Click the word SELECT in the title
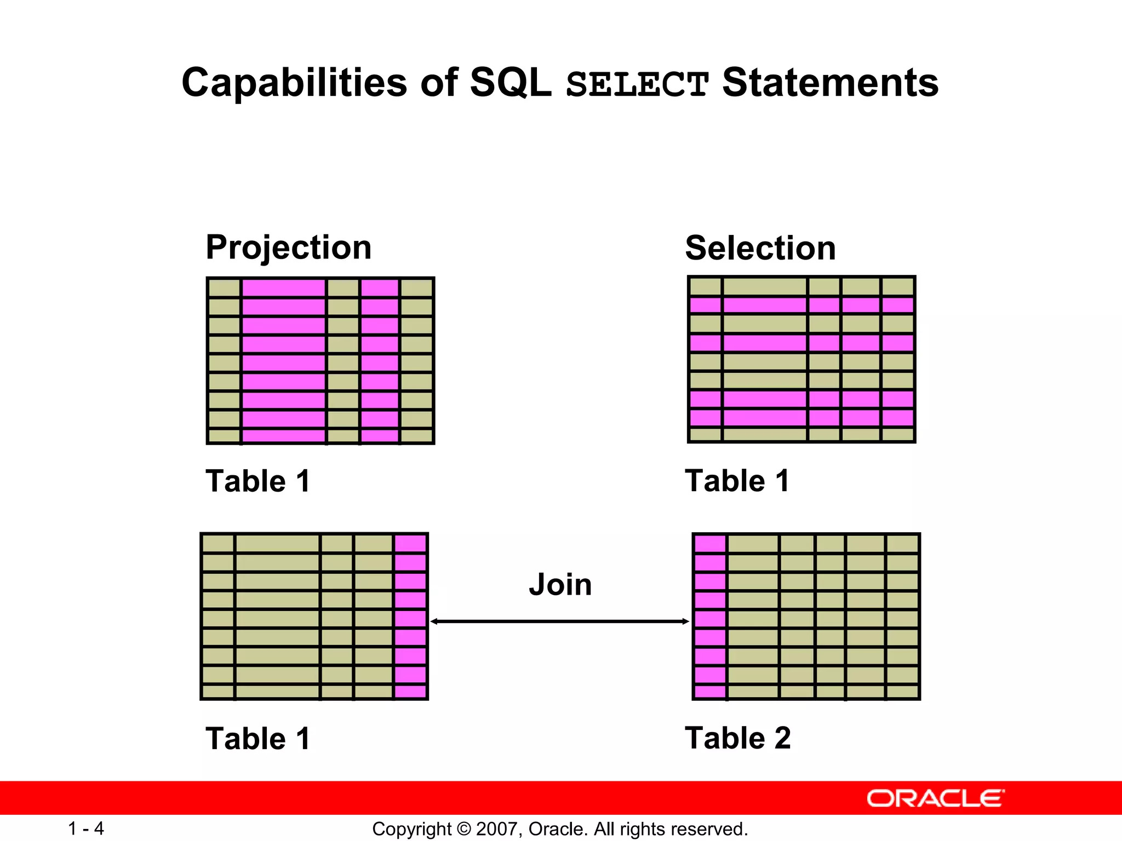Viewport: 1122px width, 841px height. click(637, 84)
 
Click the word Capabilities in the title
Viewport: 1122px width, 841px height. click(294, 83)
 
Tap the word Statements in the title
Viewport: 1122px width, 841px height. click(830, 83)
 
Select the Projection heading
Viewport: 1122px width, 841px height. click(288, 247)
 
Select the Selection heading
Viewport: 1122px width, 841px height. click(760, 248)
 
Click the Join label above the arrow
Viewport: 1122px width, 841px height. click(560, 584)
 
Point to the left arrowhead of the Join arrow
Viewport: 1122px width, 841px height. click(434, 621)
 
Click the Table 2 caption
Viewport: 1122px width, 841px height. click(737, 738)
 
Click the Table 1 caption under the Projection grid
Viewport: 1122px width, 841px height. click(257, 481)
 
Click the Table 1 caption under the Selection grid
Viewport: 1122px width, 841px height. click(737, 481)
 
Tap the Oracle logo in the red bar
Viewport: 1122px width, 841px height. click(935, 798)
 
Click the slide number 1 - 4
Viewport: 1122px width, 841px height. click(85, 828)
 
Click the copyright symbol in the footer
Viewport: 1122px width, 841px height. click(464, 829)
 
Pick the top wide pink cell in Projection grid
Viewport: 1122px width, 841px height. click(283, 287)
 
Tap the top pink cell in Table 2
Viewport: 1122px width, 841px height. click(710, 544)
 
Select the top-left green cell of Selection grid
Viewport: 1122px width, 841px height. click(705, 286)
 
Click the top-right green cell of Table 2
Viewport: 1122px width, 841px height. click(902, 544)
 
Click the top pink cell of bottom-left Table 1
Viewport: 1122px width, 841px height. click(410, 544)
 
